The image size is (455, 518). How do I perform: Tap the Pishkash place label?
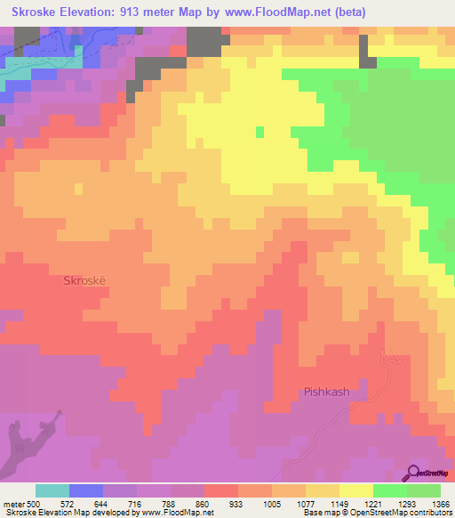point(327,392)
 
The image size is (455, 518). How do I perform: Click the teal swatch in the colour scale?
point(52,490)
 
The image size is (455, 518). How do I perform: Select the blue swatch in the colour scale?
point(85,490)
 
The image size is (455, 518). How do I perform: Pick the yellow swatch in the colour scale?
point(355,490)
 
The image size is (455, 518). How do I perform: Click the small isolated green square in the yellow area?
point(259,133)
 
